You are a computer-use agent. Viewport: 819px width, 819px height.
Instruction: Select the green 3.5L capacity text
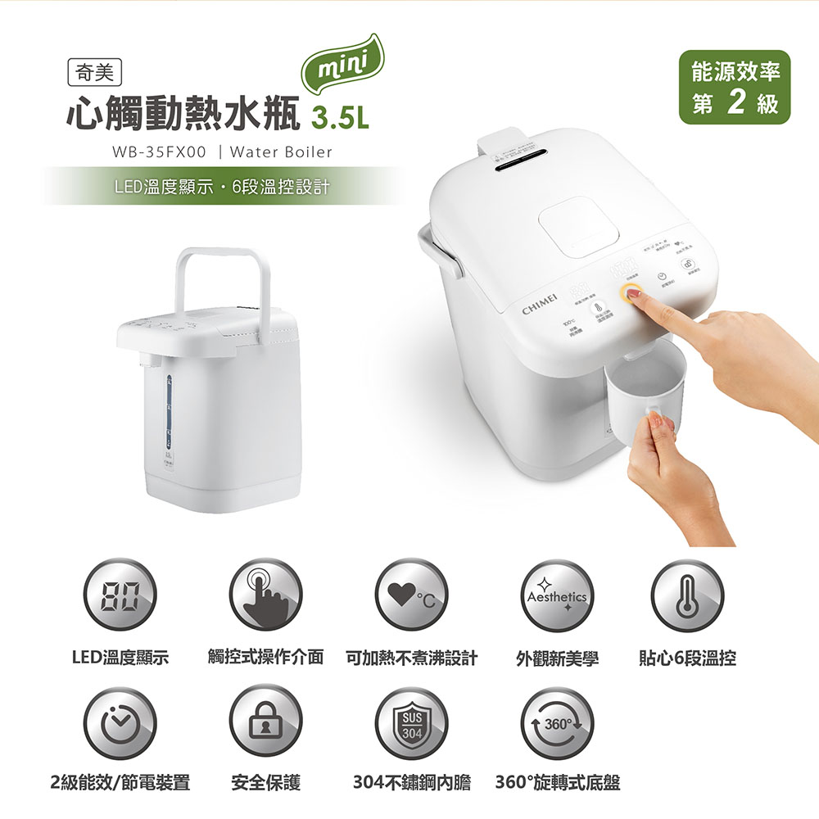[x=342, y=120]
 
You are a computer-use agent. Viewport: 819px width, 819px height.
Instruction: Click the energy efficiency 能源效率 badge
[x=735, y=87]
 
